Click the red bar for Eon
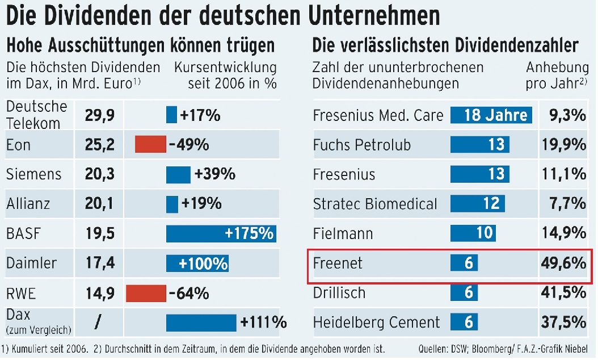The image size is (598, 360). click(x=150, y=145)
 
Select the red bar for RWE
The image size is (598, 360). click(x=145, y=294)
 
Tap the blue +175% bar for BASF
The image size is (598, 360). click(x=221, y=233)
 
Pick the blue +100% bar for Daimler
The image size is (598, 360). click(x=197, y=263)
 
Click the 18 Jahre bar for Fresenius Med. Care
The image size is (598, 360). click(x=492, y=115)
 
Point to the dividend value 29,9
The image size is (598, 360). click(x=100, y=116)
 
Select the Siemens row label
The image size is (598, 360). click(x=33, y=174)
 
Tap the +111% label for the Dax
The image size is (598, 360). click(x=263, y=323)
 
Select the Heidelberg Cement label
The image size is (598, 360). click(x=376, y=323)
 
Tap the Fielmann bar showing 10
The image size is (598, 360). click(x=473, y=233)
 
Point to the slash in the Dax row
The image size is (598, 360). click(x=98, y=323)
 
